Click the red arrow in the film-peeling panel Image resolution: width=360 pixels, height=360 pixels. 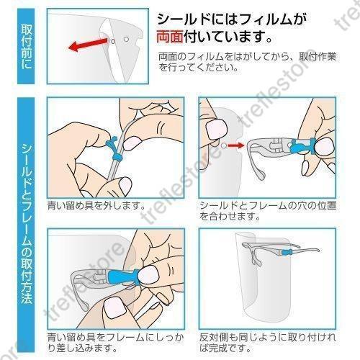click(x=88, y=45)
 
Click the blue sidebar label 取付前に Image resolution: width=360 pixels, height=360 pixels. click(x=26, y=47)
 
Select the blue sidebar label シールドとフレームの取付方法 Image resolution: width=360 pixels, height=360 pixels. click(x=26, y=224)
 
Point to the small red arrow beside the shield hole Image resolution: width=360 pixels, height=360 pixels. click(x=236, y=145)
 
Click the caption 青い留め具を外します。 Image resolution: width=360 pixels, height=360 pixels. click(x=96, y=205)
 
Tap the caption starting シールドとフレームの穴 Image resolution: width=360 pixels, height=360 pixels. click(x=268, y=211)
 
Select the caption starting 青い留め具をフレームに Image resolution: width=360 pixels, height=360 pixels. click(x=116, y=343)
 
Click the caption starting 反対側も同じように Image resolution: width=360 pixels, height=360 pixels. click(x=268, y=343)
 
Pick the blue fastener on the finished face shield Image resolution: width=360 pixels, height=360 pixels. click(x=287, y=252)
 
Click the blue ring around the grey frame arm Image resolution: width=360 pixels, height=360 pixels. click(x=118, y=158)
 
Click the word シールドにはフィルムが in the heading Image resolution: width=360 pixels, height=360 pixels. click(x=232, y=19)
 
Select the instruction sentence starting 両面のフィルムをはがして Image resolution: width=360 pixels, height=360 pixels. click(x=247, y=62)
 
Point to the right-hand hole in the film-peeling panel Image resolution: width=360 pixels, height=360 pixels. click(x=127, y=39)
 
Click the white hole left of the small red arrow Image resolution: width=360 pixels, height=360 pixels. click(x=224, y=145)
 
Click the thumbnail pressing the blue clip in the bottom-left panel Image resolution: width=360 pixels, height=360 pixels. click(x=148, y=274)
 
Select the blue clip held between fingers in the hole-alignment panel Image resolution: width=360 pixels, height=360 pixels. click(x=302, y=146)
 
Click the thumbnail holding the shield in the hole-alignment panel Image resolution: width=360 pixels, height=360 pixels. click(x=217, y=130)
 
